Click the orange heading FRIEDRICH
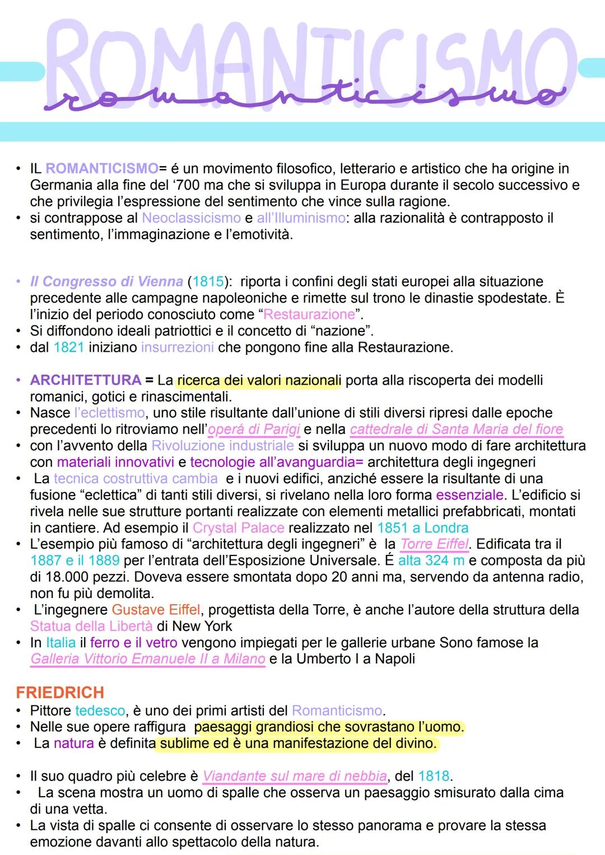coord(60,693)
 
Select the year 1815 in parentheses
coord(208,281)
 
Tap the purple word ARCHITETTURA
coord(86,380)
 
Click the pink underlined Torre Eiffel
coord(435,544)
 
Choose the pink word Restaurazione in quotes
coord(309,314)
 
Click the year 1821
coord(68,347)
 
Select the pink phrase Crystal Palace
coord(238,528)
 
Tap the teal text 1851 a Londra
coord(423,528)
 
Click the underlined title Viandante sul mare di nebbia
coord(295,776)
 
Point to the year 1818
coord(434,776)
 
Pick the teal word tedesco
coord(100,711)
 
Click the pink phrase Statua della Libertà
coord(91,626)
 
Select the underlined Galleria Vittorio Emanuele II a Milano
coord(148,659)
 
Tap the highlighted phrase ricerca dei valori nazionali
coord(259,381)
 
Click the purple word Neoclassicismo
coord(191,218)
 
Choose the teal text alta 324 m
coord(431,560)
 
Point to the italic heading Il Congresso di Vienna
coord(106,281)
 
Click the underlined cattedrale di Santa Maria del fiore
coord(457,429)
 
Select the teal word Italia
coord(61,643)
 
